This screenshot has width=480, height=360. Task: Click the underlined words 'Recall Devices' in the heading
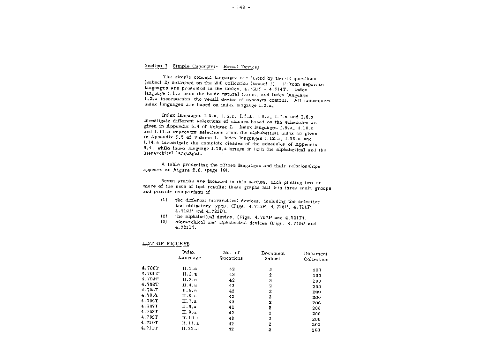pyautogui.click(x=241, y=67)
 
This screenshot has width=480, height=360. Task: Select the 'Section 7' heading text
pyautogui.click(x=156, y=67)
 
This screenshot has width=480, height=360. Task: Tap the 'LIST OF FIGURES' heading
pyautogui.click(x=166, y=244)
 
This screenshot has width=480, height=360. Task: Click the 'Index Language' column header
pyautogui.click(x=189, y=255)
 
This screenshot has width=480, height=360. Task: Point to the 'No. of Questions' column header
pyautogui.click(x=231, y=255)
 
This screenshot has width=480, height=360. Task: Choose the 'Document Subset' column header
pyautogui.click(x=273, y=255)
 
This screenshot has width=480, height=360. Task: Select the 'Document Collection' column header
pyautogui.click(x=316, y=256)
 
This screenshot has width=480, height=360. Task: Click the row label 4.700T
pyautogui.click(x=150, y=269)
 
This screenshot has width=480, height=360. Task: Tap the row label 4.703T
pyautogui.click(x=150, y=285)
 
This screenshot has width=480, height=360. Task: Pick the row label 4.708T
pyautogui.click(x=150, y=312)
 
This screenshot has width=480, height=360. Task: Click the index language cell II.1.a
pyautogui.click(x=189, y=269)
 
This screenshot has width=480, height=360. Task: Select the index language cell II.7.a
pyautogui.click(x=189, y=301)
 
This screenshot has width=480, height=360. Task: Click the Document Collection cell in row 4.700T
pyautogui.click(x=316, y=270)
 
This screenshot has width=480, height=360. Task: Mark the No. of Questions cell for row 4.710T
pyautogui.click(x=231, y=323)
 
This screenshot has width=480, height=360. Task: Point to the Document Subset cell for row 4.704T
pyautogui.click(x=270, y=291)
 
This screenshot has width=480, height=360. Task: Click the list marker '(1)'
pyautogui.click(x=164, y=200)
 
